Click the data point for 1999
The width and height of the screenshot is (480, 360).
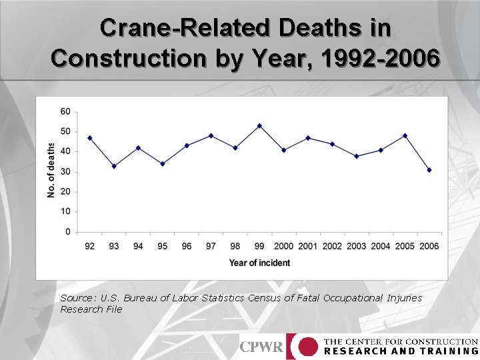(x=259, y=125)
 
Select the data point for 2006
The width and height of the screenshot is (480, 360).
(x=429, y=170)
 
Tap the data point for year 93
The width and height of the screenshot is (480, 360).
(x=114, y=166)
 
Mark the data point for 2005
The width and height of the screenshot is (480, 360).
(x=405, y=136)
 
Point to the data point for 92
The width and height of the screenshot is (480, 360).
(x=90, y=138)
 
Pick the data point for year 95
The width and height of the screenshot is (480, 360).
(x=163, y=164)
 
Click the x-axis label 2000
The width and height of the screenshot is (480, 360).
(x=283, y=247)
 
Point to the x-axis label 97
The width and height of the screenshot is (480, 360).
(x=211, y=247)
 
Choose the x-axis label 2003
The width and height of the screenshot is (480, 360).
(x=356, y=247)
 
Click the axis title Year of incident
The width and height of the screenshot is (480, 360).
(x=259, y=263)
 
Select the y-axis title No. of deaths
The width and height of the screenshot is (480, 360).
(x=51, y=170)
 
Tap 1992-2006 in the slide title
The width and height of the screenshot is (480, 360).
(x=380, y=59)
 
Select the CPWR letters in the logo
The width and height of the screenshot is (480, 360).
(x=261, y=347)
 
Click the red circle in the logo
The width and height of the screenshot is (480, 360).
(x=307, y=347)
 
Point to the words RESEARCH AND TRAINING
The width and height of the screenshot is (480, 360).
(x=401, y=351)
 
